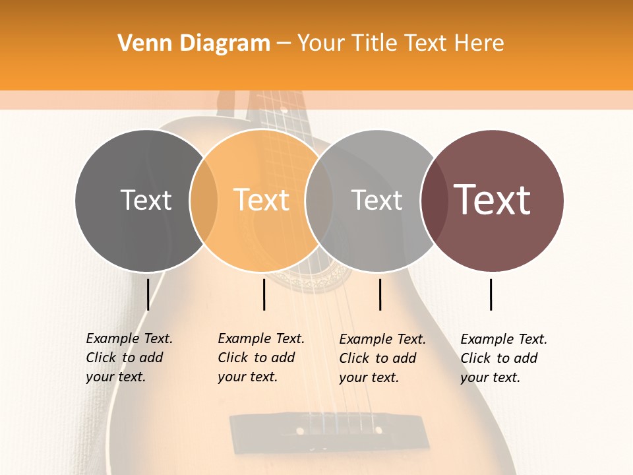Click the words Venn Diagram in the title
(x=194, y=44)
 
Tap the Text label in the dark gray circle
(x=146, y=200)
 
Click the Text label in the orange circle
(x=261, y=200)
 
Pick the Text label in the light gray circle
(x=377, y=200)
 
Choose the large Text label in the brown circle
(x=492, y=200)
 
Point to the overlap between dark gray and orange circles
(x=204, y=201)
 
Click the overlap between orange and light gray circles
(x=319, y=201)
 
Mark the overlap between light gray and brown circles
(x=434, y=201)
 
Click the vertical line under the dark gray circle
(x=148, y=294)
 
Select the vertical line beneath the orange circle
(x=264, y=294)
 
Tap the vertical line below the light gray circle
(x=380, y=294)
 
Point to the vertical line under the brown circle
(x=491, y=294)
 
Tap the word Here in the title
(x=480, y=44)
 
